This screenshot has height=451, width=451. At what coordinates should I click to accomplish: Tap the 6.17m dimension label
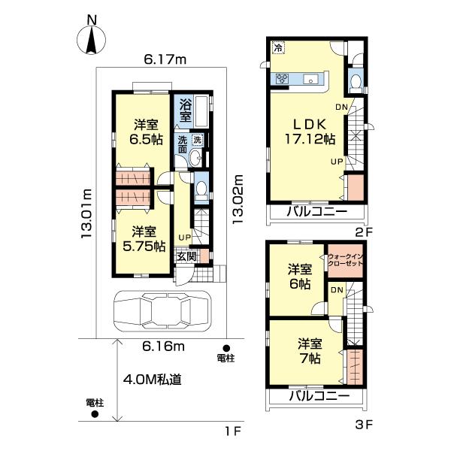coord(165,59)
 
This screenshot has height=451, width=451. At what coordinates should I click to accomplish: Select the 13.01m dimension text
coord(86,213)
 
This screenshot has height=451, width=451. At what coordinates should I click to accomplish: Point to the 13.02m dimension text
coord(238,199)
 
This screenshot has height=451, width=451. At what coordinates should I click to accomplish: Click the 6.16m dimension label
coord(164,347)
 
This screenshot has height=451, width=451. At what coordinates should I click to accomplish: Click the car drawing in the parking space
coord(162,311)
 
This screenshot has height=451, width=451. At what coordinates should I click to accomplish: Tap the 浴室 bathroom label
coord(186,110)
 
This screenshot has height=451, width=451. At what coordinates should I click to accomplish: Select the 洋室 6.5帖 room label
coord(146,132)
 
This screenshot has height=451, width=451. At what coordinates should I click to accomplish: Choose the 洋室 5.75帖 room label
coord(144,239)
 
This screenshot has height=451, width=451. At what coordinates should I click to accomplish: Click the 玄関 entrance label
coord(186,256)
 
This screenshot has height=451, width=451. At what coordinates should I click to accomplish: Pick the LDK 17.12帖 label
coord(310,132)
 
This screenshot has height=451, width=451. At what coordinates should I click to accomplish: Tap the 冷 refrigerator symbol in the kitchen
coord(278,47)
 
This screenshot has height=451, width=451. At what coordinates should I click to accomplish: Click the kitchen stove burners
coord(282,78)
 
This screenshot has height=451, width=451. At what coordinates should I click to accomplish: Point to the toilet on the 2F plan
coord(356,81)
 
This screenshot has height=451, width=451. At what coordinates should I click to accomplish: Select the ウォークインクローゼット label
coord(346,260)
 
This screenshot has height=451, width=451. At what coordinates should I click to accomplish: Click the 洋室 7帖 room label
coord(310,351)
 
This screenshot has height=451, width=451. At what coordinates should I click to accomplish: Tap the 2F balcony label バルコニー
coord(317,212)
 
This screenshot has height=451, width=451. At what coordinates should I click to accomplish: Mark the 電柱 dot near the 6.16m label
coord(226,348)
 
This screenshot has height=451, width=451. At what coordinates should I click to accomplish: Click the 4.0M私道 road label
coord(152,380)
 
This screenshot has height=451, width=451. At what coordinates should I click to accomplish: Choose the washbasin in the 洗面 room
coord(197,158)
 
